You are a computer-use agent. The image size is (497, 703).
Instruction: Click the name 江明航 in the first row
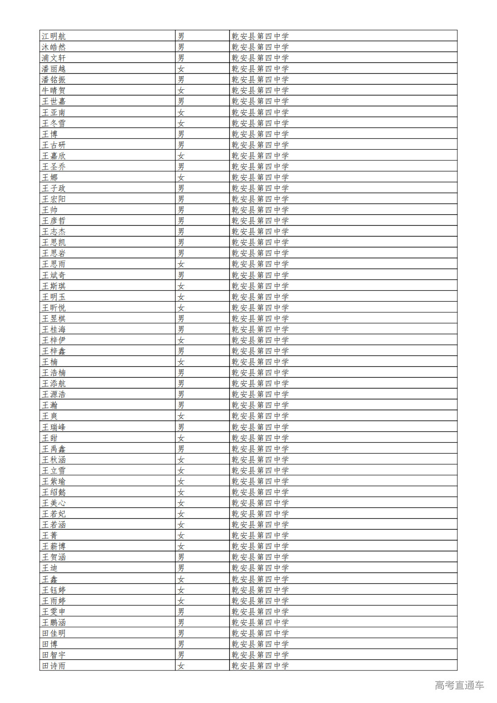click(54, 36)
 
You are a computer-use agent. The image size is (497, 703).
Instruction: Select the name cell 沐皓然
click(54, 47)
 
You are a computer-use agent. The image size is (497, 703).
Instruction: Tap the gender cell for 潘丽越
click(181, 69)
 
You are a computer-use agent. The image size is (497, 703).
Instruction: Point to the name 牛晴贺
click(54, 90)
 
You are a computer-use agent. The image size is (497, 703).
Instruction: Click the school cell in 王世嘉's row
click(260, 101)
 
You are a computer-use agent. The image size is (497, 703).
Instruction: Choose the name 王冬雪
click(54, 123)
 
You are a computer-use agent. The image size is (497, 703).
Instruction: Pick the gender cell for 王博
click(181, 134)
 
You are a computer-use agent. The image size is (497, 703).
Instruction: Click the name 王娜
click(50, 177)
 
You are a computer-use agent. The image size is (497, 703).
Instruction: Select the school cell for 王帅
click(260, 210)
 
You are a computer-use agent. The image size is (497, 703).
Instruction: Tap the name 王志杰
click(54, 231)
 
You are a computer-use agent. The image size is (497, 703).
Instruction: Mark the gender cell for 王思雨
click(181, 264)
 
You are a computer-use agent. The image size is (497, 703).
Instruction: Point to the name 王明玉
click(54, 297)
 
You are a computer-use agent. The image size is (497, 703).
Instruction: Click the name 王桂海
click(54, 329)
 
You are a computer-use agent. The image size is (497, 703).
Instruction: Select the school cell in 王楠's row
click(260, 362)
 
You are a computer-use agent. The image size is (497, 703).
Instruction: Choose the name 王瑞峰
click(54, 427)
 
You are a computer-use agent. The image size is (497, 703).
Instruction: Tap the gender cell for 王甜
click(181, 438)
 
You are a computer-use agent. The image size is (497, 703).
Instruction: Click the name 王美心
click(54, 503)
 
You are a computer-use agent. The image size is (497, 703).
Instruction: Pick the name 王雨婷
click(54, 601)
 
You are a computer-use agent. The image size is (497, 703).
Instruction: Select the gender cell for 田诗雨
click(181, 666)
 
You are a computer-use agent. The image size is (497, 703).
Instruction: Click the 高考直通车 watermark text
click(459, 685)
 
